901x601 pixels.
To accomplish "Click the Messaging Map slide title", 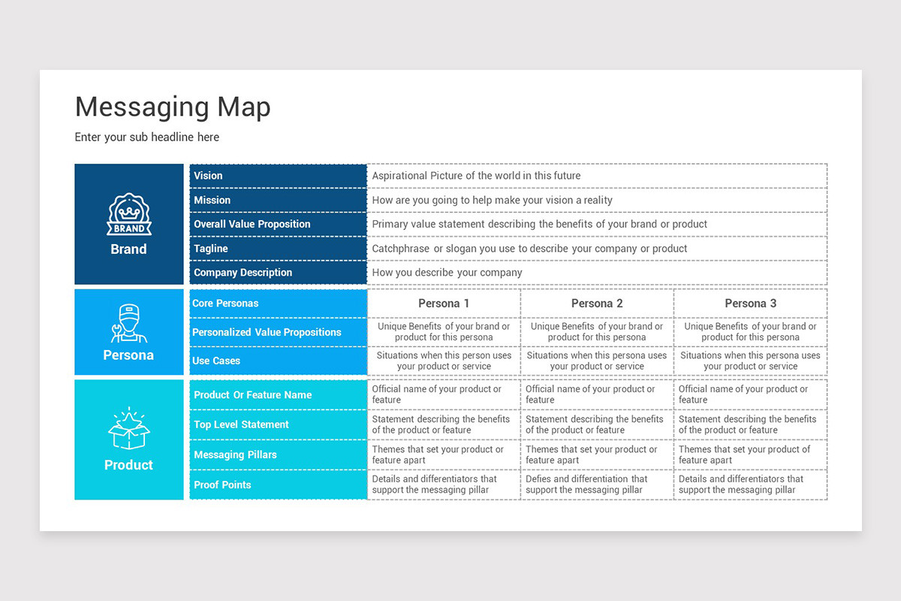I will point(173,107).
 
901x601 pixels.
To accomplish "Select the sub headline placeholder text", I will point(147,137).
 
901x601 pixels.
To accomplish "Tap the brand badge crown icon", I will point(128,215).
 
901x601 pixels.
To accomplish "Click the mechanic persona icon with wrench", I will point(128,323).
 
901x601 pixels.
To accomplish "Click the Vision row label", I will point(208,176).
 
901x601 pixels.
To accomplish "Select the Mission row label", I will point(212,200).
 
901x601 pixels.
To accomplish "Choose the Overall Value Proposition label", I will point(252,224).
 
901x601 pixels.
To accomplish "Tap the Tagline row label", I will point(210,249).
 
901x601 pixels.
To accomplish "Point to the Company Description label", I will point(243,273).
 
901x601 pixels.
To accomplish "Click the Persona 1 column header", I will point(444,304).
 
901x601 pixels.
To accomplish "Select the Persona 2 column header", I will point(597,304).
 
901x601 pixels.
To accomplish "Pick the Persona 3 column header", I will point(750,304).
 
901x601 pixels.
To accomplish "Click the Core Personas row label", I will point(225,304).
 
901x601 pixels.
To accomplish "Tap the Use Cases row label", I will point(215,361).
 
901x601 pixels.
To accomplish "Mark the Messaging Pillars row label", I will point(235,455).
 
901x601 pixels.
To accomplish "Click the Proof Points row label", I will point(222,485).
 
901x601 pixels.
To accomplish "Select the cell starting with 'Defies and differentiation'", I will point(586,485).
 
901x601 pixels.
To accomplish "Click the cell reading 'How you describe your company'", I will point(447,273).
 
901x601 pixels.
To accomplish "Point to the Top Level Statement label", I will point(241,424).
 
